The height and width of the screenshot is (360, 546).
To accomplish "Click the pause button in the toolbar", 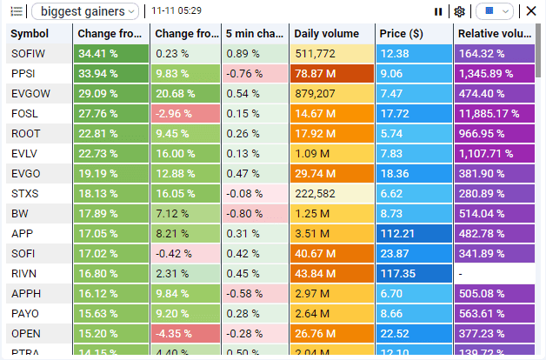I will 438,11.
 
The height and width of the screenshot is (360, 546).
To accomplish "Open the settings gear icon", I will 460,11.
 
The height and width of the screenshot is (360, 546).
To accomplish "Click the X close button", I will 531,11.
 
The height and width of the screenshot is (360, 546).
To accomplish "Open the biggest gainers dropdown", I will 84,11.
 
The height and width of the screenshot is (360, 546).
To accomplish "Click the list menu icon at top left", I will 17,11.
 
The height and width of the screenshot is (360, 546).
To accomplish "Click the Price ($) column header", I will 414,34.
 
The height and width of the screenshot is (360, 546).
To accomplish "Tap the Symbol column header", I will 40,34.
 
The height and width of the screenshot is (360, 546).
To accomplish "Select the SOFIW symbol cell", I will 40,54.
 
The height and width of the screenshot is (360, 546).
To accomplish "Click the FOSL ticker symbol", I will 40,114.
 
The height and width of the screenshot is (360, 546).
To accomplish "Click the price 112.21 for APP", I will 414,234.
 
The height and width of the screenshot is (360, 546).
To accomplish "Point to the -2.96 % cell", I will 184,114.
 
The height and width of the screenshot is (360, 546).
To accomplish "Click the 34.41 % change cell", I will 111,54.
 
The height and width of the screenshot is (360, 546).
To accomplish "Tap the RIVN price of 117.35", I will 414,274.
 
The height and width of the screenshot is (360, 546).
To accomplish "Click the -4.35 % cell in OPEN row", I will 184,334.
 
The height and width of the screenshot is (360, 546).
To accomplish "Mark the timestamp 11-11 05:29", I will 176,11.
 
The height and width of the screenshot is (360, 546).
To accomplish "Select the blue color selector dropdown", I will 495,11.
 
